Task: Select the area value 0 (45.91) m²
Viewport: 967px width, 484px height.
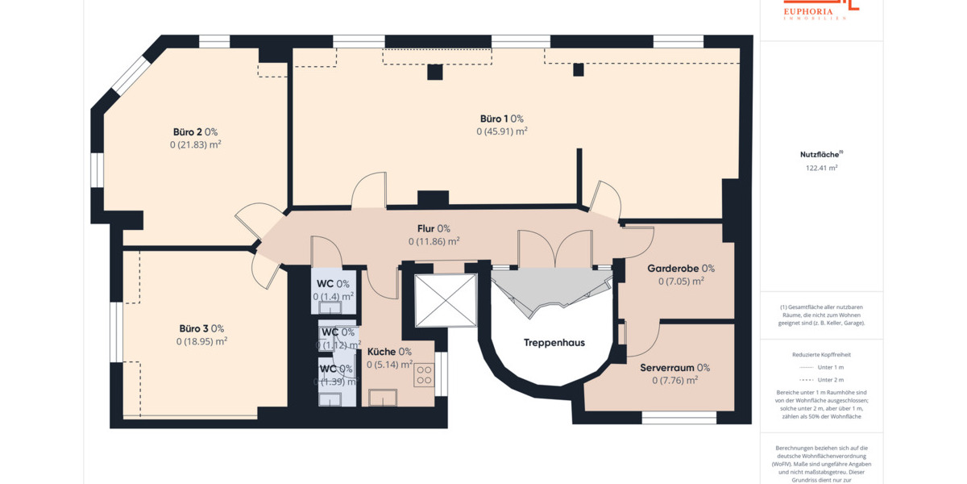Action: coord(501,131)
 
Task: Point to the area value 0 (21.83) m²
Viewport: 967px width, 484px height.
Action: coord(195,144)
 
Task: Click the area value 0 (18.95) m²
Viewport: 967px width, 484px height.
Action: coord(201,341)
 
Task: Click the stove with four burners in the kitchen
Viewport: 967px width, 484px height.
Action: coord(424,374)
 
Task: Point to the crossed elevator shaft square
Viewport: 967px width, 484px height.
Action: coord(445,300)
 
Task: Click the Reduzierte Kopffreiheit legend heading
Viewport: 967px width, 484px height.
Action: coord(821,354)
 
